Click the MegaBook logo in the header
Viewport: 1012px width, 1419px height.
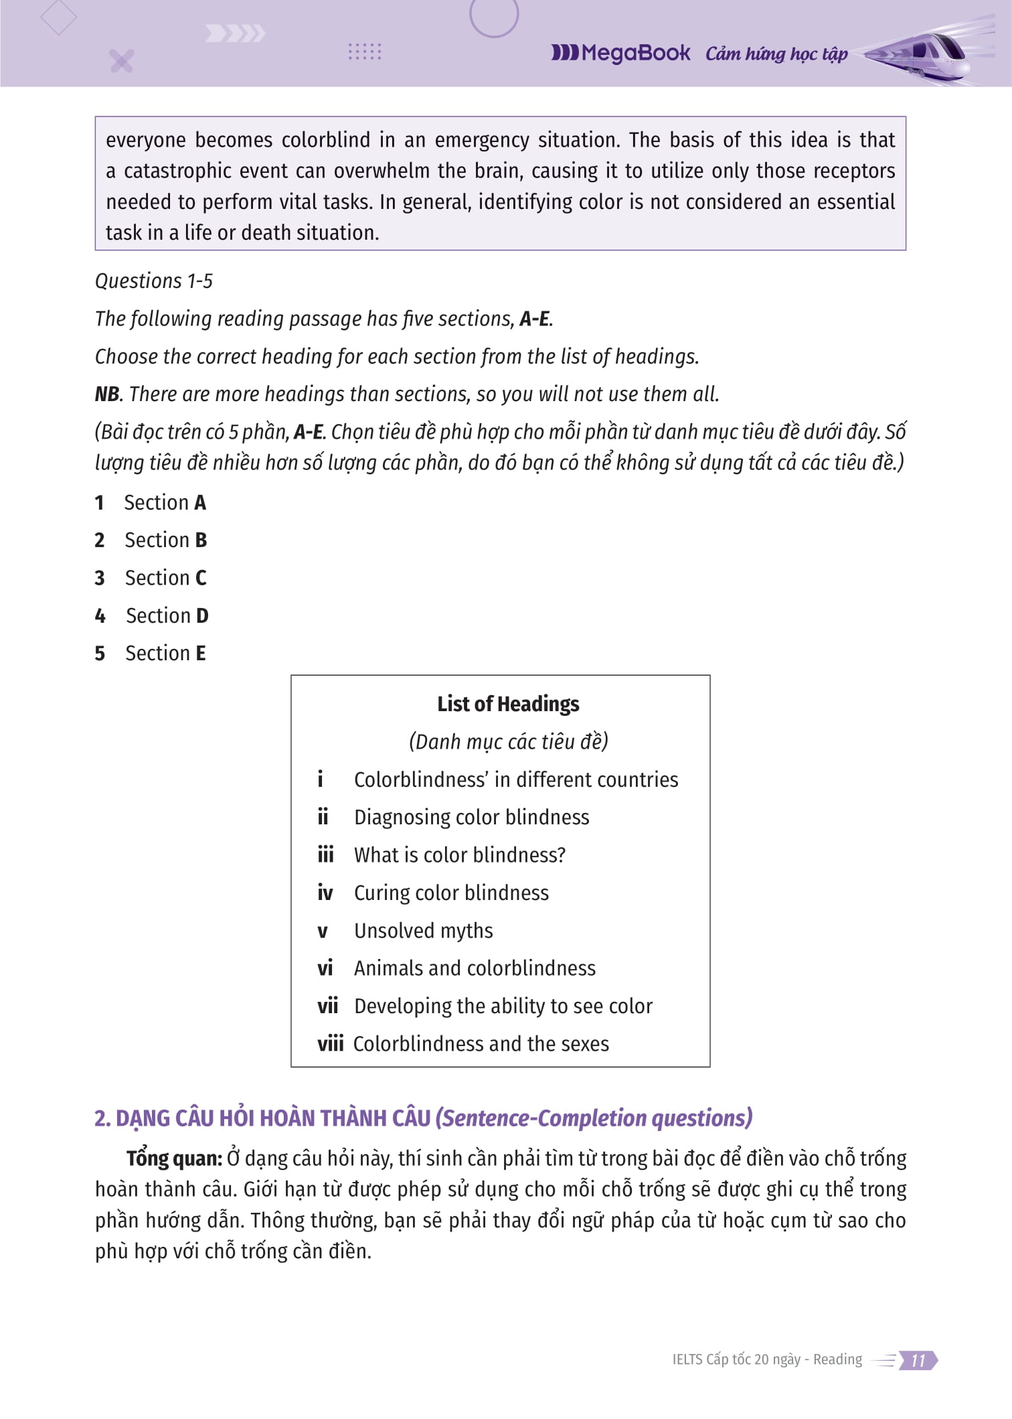click(x=620, y=53)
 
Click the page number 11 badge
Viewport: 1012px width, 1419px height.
click(x=918, y=1360)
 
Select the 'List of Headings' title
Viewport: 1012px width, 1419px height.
click(x=508, y=704)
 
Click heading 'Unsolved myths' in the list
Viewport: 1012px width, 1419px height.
click(x=423, y=931)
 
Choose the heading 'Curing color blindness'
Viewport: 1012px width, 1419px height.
click(x=451, y=893)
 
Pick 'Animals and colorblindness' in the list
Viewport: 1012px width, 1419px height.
click(x=475, y=968)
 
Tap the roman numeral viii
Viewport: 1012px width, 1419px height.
click(x=330, y=1044)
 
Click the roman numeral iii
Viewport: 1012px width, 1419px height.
click(x=325, y=855)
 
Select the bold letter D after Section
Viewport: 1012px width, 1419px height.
click(x=202, y=616)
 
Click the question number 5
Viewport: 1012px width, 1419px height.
click(x=100, y=654)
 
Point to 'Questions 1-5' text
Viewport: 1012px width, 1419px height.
click(x=154, y=281)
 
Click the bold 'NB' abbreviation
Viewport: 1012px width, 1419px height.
click(x=107, y=394)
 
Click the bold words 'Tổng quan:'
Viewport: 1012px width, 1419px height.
click(x=174, y=1159)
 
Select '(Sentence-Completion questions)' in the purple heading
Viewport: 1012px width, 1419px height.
click(x=594, y=1118)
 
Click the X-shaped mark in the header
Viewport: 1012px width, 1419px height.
click(x=122, y=61)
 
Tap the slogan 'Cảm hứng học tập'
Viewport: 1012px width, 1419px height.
click(x=776, y=54)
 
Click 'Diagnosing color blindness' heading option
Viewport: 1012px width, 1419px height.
click(x=471, y=818)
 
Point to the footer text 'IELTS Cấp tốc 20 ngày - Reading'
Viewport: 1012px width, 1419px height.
click(x=767, y=1359)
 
